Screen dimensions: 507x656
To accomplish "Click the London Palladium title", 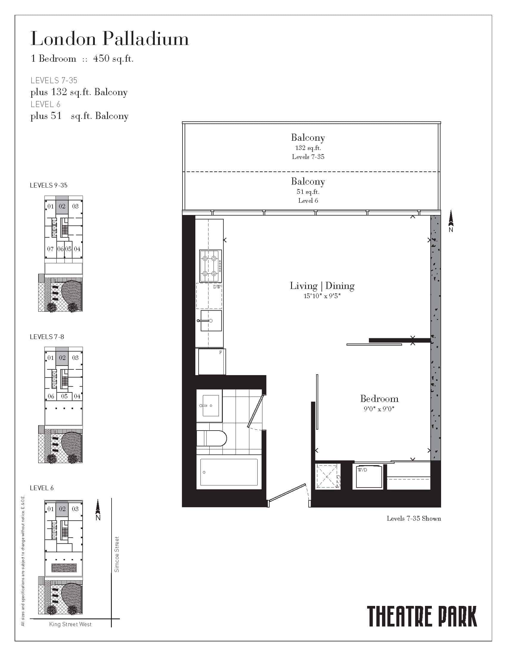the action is (x=110, y=39).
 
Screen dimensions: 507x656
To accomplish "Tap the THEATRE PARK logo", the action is (x=422, y=616).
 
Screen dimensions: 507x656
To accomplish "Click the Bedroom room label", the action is (x=379, y=399).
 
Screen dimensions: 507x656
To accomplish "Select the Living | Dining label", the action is (x=322, y=286).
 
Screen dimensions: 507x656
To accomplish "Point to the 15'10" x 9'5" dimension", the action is (x=322, y=296).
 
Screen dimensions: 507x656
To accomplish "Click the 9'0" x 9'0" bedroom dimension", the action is (x=379, y=409).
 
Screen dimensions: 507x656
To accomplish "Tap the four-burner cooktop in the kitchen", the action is (x=211, y=266).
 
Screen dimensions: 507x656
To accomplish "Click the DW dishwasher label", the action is (x=217, y=287).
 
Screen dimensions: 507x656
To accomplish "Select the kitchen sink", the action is (x=211, y=321).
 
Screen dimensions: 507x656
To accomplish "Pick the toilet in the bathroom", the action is (x=211, y=439).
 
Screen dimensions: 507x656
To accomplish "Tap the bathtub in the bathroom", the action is (x=229, y=472).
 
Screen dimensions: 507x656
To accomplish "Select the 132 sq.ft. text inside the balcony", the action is (x=308, y=148).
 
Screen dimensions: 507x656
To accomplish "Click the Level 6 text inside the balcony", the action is (x=308, y=201).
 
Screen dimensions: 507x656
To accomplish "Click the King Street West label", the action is (x=70, y=624).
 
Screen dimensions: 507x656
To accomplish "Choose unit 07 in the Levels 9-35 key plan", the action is (x=50, y=249).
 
